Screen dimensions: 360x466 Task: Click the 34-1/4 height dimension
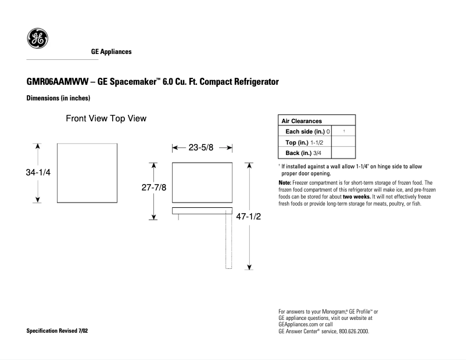38,173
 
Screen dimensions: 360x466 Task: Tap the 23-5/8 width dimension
202,148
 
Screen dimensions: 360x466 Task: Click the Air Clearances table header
302,121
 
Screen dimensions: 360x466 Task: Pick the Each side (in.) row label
304,131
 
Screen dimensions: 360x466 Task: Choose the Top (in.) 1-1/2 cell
304,142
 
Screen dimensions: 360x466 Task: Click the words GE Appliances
111,52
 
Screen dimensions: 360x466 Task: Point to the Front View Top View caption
105,118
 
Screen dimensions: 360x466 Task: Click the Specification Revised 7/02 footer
58,331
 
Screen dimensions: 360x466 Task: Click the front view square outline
89,173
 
